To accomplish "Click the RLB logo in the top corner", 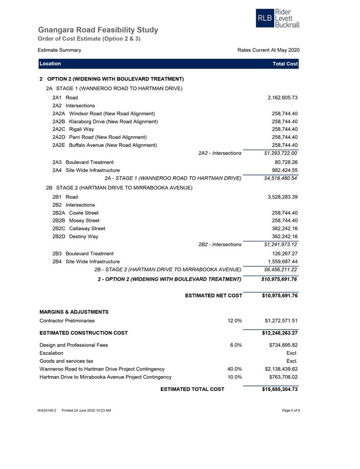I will click(277, 18).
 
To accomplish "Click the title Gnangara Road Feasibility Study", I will click(98, 30).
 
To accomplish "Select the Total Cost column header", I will click(285, 64).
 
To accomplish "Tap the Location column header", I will click(50, 64).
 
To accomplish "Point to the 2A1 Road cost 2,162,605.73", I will click(282, 97).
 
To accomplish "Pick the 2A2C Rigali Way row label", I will click(73, 129).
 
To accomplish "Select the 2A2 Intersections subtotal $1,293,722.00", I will click(280, 153).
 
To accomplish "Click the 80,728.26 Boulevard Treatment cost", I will click(286, 162).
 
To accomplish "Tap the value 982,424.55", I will click(284, 170).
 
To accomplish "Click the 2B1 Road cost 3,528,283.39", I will click(282, 197).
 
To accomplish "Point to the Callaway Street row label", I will click(87, 229).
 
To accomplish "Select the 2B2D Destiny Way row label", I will click(75, 236).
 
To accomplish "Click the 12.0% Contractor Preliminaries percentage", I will click(234, 321).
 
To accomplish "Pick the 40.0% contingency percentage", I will click(234, 369).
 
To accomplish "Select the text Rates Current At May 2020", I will click(268, 50).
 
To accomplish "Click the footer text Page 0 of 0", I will click(291, 410).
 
